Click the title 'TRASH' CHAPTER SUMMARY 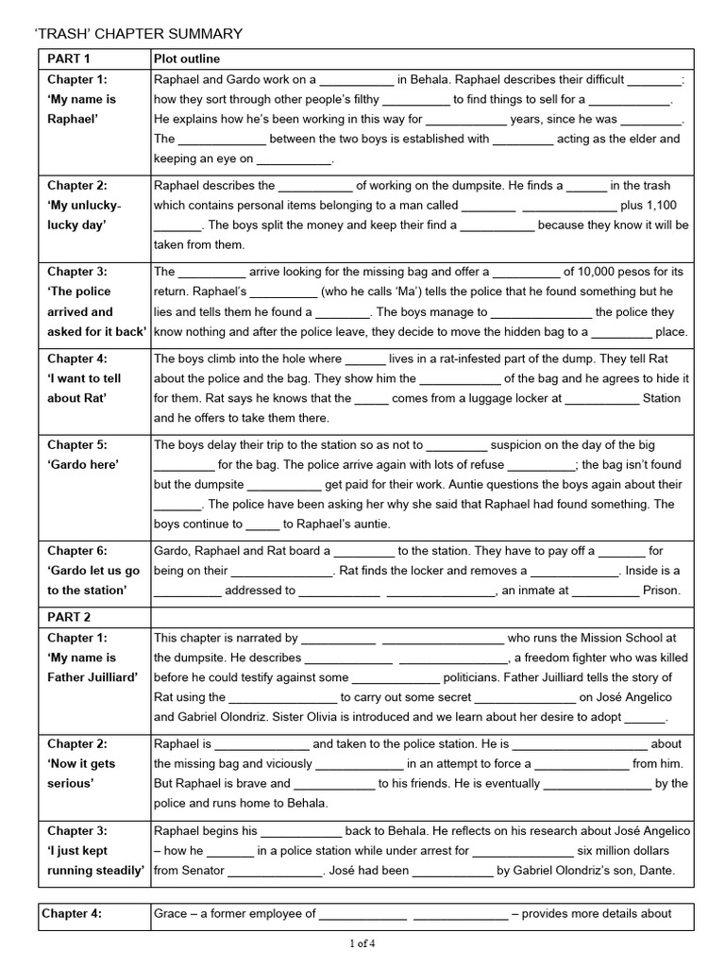click(138, 34)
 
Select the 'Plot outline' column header click(187, 59)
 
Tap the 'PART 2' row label click(69, 617)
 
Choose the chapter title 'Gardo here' click(84, 465)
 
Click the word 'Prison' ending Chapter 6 click(661, 591)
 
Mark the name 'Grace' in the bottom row click(171, 913)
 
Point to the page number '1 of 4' click(362, 942)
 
